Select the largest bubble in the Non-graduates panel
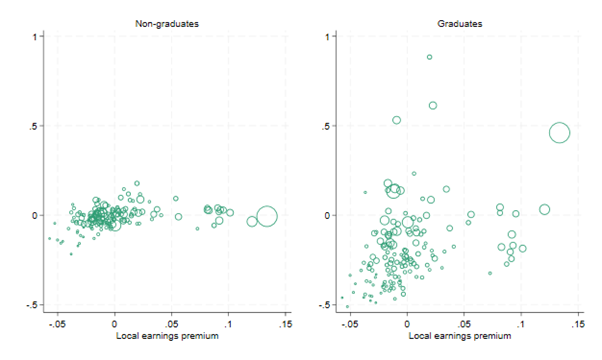(267, 216)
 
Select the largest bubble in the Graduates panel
(560, 133)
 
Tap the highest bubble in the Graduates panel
(429, 57)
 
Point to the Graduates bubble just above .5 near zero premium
(397, 120)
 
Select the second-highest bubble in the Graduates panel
(433, 105)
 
